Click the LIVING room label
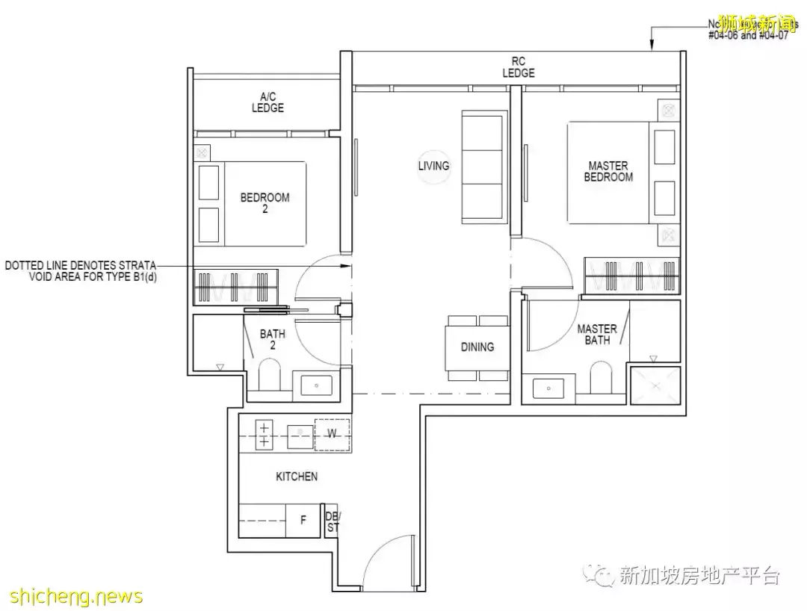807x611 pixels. (433, 166)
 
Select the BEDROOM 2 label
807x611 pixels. (265, 203)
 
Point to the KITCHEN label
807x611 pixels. (297, 477)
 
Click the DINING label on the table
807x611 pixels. (477, 347)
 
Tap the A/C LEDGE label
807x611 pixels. (268, 102)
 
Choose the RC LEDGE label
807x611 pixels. (518, 67)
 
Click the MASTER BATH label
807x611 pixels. (597, 334)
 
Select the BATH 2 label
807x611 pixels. (273, 340)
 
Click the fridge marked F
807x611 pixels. (303, 521)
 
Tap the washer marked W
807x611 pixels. (332, 433)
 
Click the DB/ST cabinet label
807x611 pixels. (332, 521)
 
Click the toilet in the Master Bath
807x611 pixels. (602, 377)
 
